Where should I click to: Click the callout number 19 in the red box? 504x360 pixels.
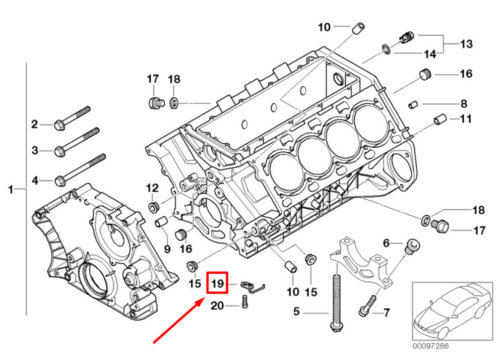click(217, 284)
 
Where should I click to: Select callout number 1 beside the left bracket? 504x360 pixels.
click(10, 190)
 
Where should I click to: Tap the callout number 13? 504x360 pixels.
click(466, 44)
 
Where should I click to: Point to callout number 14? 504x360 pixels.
click(429, 53)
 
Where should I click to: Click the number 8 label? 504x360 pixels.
click(464, 104)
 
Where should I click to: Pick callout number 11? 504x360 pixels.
click(465, 119)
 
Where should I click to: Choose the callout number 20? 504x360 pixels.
click(217, 306)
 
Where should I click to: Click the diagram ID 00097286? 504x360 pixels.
click(430, 346)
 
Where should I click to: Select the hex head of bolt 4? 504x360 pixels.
click(59, 179)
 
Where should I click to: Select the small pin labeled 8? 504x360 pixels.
click(412, 104)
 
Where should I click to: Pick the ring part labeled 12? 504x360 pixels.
click(153, 207)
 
